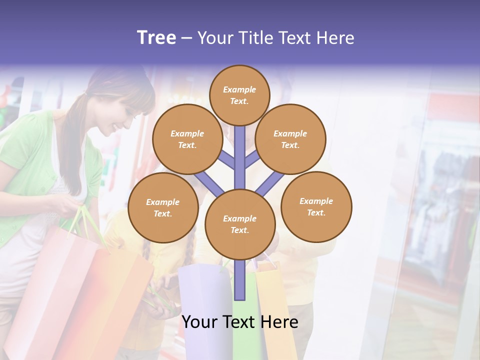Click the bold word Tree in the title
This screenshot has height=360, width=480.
pos(156,38)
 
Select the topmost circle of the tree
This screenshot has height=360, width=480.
pos(239,95)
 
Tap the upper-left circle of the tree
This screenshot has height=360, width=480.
pos(187,139)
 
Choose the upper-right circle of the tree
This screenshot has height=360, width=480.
pos(290,139)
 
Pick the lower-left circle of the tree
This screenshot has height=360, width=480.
pos(163,208)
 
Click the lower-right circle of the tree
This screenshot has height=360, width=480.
pos(316,206)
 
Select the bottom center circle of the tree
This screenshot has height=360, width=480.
pos(240,224)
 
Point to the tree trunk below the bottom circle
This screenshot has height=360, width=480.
pos(240,280)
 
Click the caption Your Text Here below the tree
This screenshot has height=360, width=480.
pos(240,322)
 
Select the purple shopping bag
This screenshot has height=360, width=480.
pos(202,310)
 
